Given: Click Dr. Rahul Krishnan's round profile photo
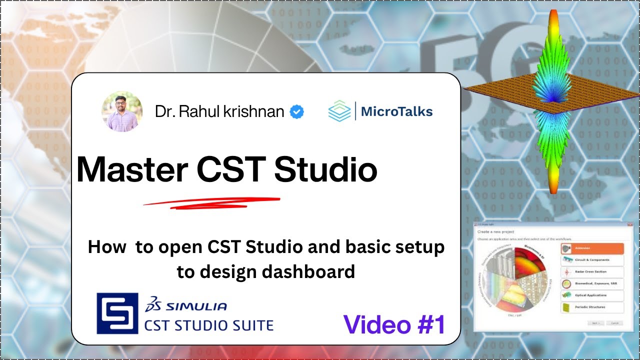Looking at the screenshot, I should (x=122, y=112).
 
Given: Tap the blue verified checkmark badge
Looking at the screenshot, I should (x=297, y=112).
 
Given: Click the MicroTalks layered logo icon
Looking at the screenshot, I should (x=339, y=111).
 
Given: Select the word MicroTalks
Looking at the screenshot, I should (x=396, y=111).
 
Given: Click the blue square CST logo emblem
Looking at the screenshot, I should (x=117, y=313).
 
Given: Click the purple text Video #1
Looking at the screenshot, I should (x=394, y=324).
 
